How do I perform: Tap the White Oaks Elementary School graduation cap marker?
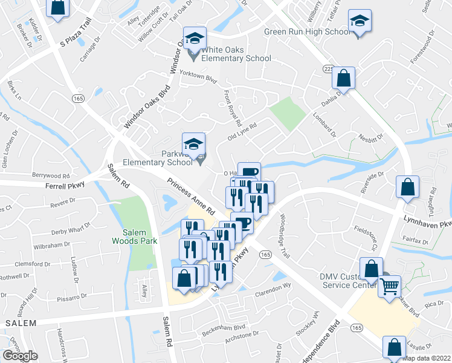tap(195, 39)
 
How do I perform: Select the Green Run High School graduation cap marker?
tap(360, 22)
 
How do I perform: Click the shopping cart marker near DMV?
tap(390, 285)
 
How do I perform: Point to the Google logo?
tap(20, 356)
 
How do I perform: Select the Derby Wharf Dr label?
tap(69, 229)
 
